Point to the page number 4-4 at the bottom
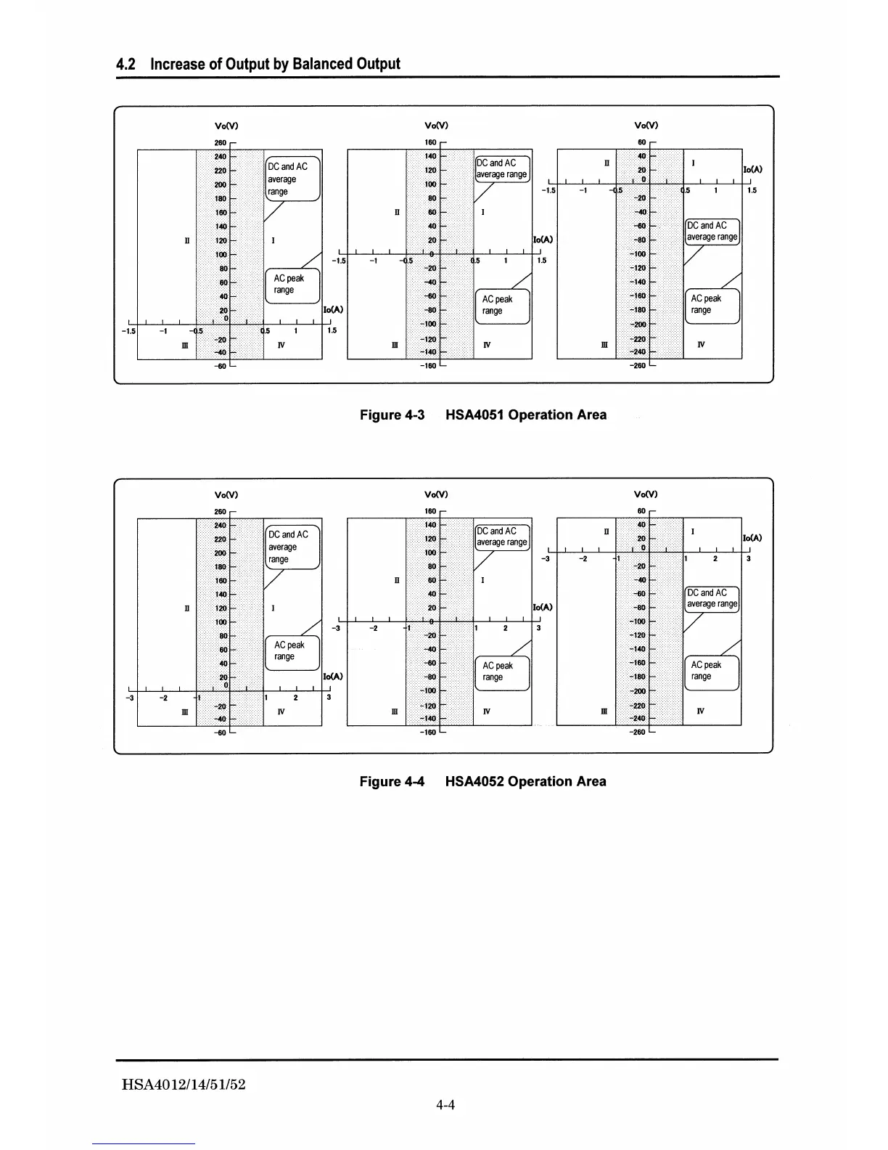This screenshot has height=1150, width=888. [445, 1106]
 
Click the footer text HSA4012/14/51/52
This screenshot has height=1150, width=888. [184, 1085]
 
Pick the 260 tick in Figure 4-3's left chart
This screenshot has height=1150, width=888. [220, 143]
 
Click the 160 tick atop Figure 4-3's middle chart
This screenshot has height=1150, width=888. [430, 143]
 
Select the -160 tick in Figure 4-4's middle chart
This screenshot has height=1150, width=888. [427, 733]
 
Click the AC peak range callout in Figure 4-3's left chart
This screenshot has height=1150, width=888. [292, 285]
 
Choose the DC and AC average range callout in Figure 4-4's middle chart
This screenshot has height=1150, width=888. [501, 537]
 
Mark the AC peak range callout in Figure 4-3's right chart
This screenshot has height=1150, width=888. [712, 305]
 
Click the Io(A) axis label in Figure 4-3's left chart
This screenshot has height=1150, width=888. [333, 309]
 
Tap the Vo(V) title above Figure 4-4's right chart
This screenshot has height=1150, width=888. [646, 495]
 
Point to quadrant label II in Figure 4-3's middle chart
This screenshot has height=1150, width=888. [397, 213]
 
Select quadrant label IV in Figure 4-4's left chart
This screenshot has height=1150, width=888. [281, 712]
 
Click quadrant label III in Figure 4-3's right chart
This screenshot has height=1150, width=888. [604, 345]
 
